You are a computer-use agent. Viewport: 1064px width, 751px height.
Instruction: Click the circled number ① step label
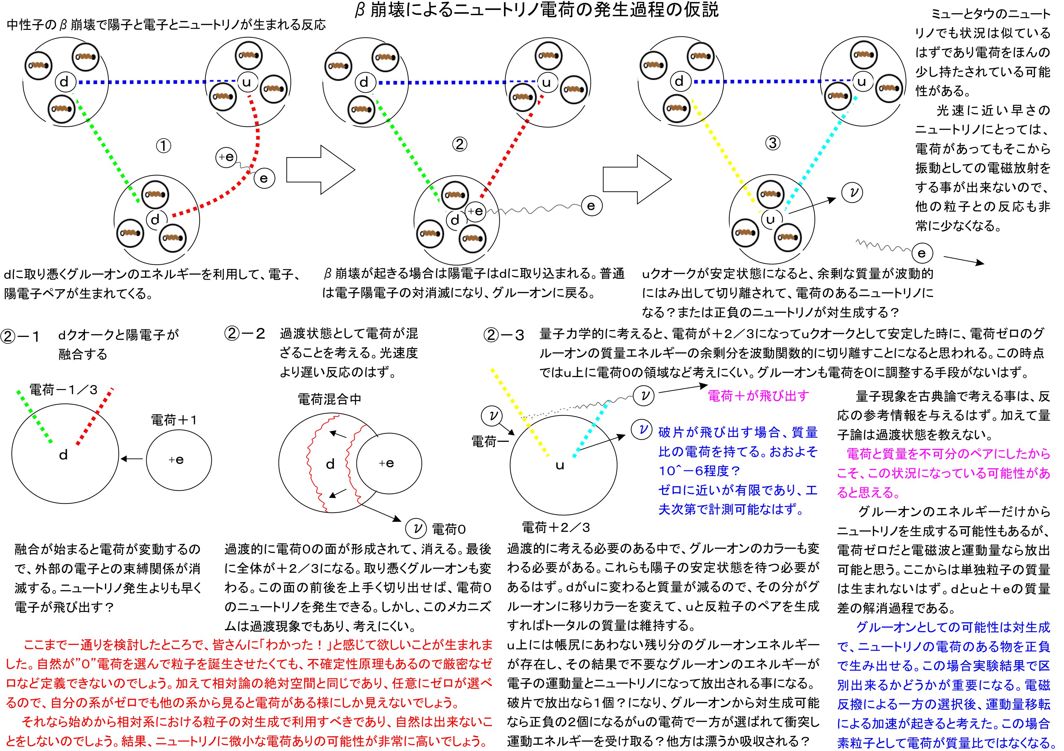pos(163,146)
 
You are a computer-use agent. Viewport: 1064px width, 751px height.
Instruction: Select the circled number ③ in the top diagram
pos(772,143)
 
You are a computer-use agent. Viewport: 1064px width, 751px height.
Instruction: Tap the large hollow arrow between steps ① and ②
pos(320,170)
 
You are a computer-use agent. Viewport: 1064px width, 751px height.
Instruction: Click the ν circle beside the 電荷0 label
pos(416,528)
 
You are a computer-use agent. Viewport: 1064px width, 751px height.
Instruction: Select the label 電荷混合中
pos(329,399)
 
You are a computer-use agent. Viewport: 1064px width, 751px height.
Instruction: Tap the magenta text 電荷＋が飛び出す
pos(759,396)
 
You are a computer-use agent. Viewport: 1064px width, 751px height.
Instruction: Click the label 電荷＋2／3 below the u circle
pos(556,527)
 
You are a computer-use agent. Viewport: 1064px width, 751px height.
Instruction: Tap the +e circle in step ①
pos(227,157)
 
